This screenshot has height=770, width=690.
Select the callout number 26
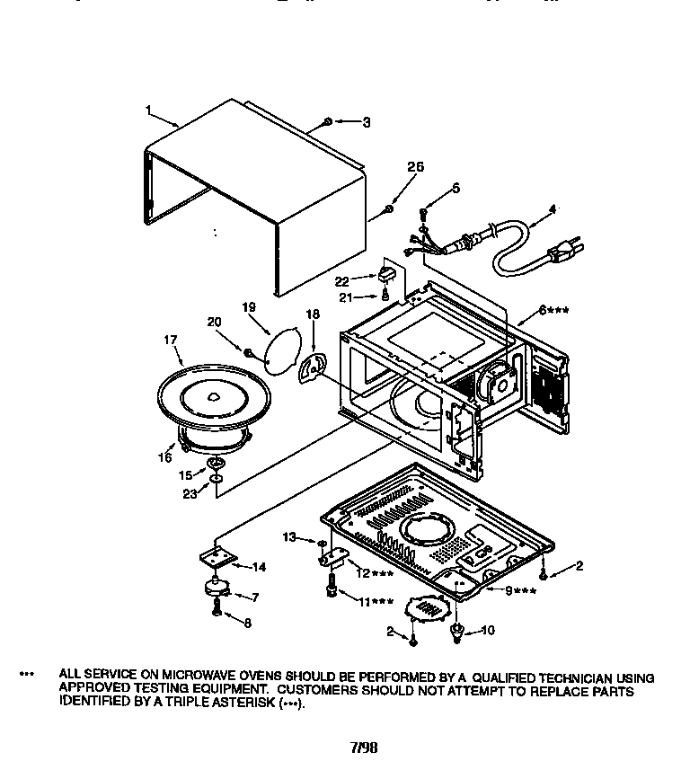click(x=414, y=166)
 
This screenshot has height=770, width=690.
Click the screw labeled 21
click(x=386, y=293)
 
